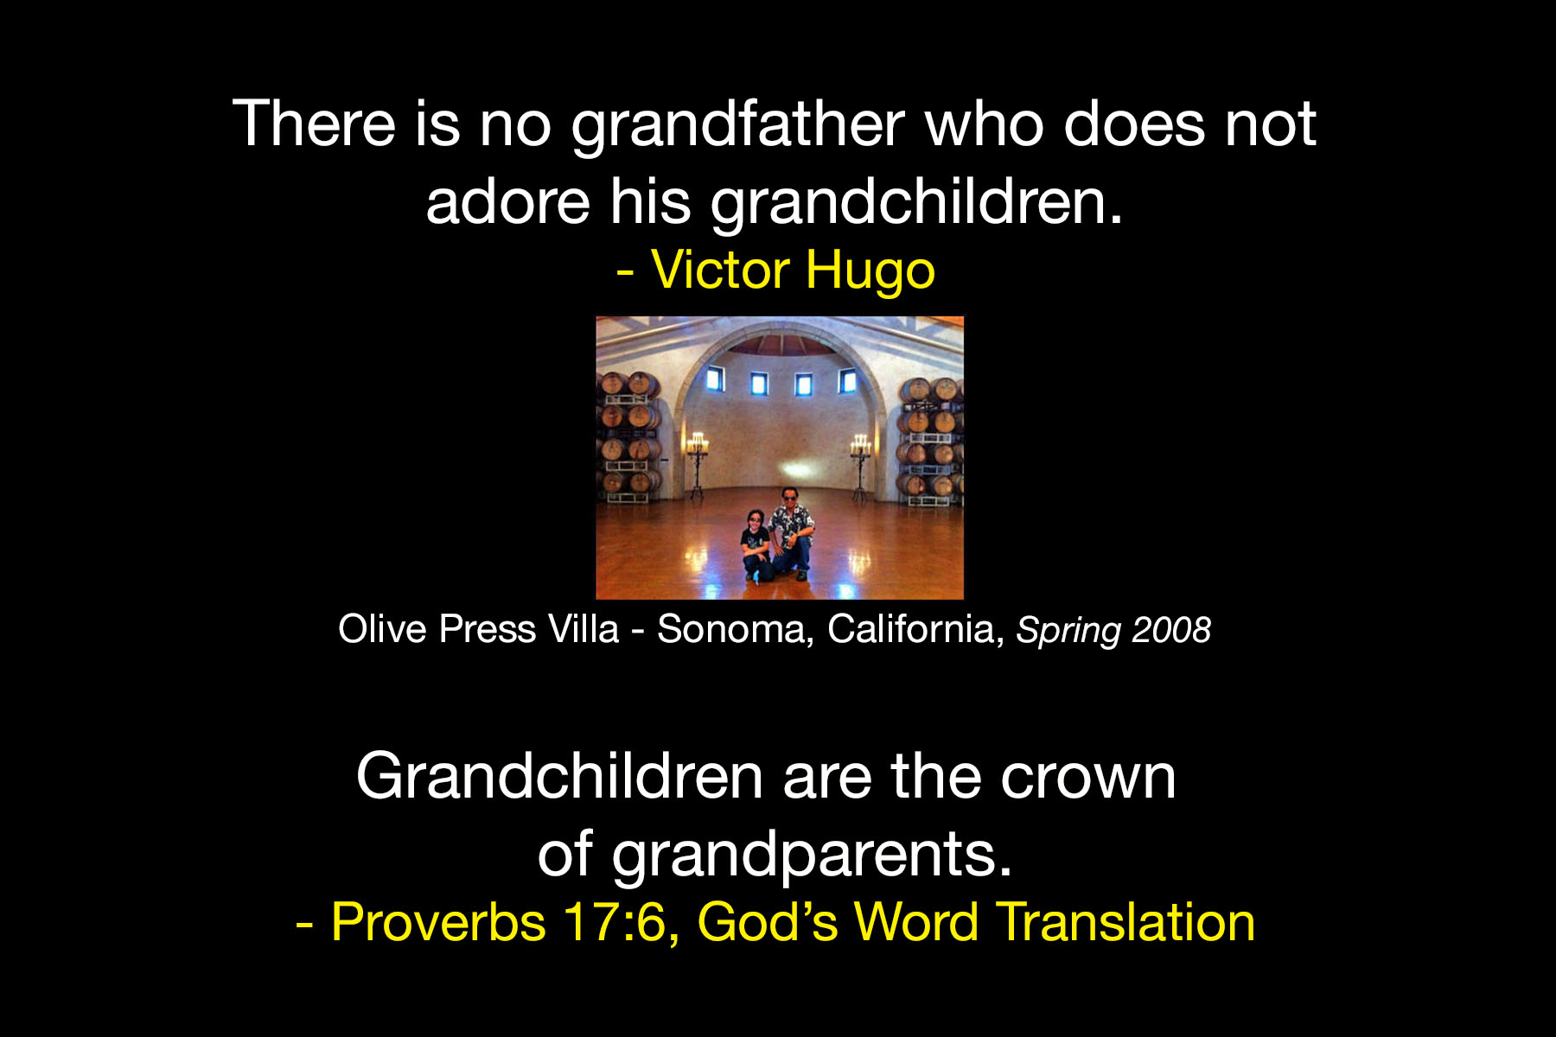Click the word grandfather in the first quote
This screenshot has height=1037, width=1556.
[x=738, y=126]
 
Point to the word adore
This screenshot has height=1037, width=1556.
[x=508, y=202]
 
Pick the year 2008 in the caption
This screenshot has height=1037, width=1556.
[x=1171, y=630]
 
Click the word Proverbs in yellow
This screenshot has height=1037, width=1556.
[x=438, y=921]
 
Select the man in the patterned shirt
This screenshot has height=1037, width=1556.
[x=791, y=533]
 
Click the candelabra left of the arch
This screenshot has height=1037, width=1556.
[x=697, y=463]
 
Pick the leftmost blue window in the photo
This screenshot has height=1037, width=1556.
[x=715, y=379]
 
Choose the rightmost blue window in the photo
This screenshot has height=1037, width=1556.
[x=848, y=380]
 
